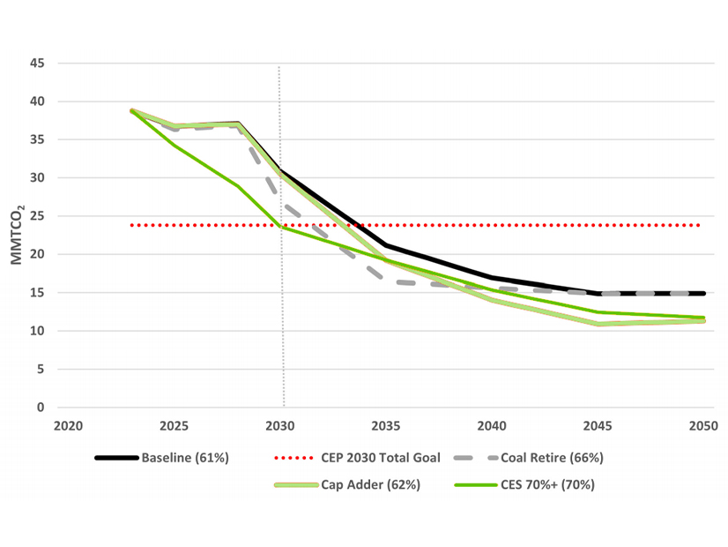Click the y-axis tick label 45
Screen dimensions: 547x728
(37, 64)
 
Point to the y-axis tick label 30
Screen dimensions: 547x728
(37, 178)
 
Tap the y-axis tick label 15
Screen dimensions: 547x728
(37, 293)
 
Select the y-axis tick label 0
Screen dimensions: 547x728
(41, 408)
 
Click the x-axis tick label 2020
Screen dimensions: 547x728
(68, 424)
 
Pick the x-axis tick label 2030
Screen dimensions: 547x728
(279, 424)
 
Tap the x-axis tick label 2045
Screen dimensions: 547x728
(598, 424)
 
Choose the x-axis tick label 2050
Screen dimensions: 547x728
(702, 424)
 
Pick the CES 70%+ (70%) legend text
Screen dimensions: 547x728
(539, 483)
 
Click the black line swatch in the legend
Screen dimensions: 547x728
(116, 458)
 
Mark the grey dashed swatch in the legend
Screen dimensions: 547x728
(476, 458)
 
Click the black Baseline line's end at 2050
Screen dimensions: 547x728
(702, 294)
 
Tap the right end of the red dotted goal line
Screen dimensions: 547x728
(701, 225)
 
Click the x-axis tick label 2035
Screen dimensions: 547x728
(385, 424)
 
